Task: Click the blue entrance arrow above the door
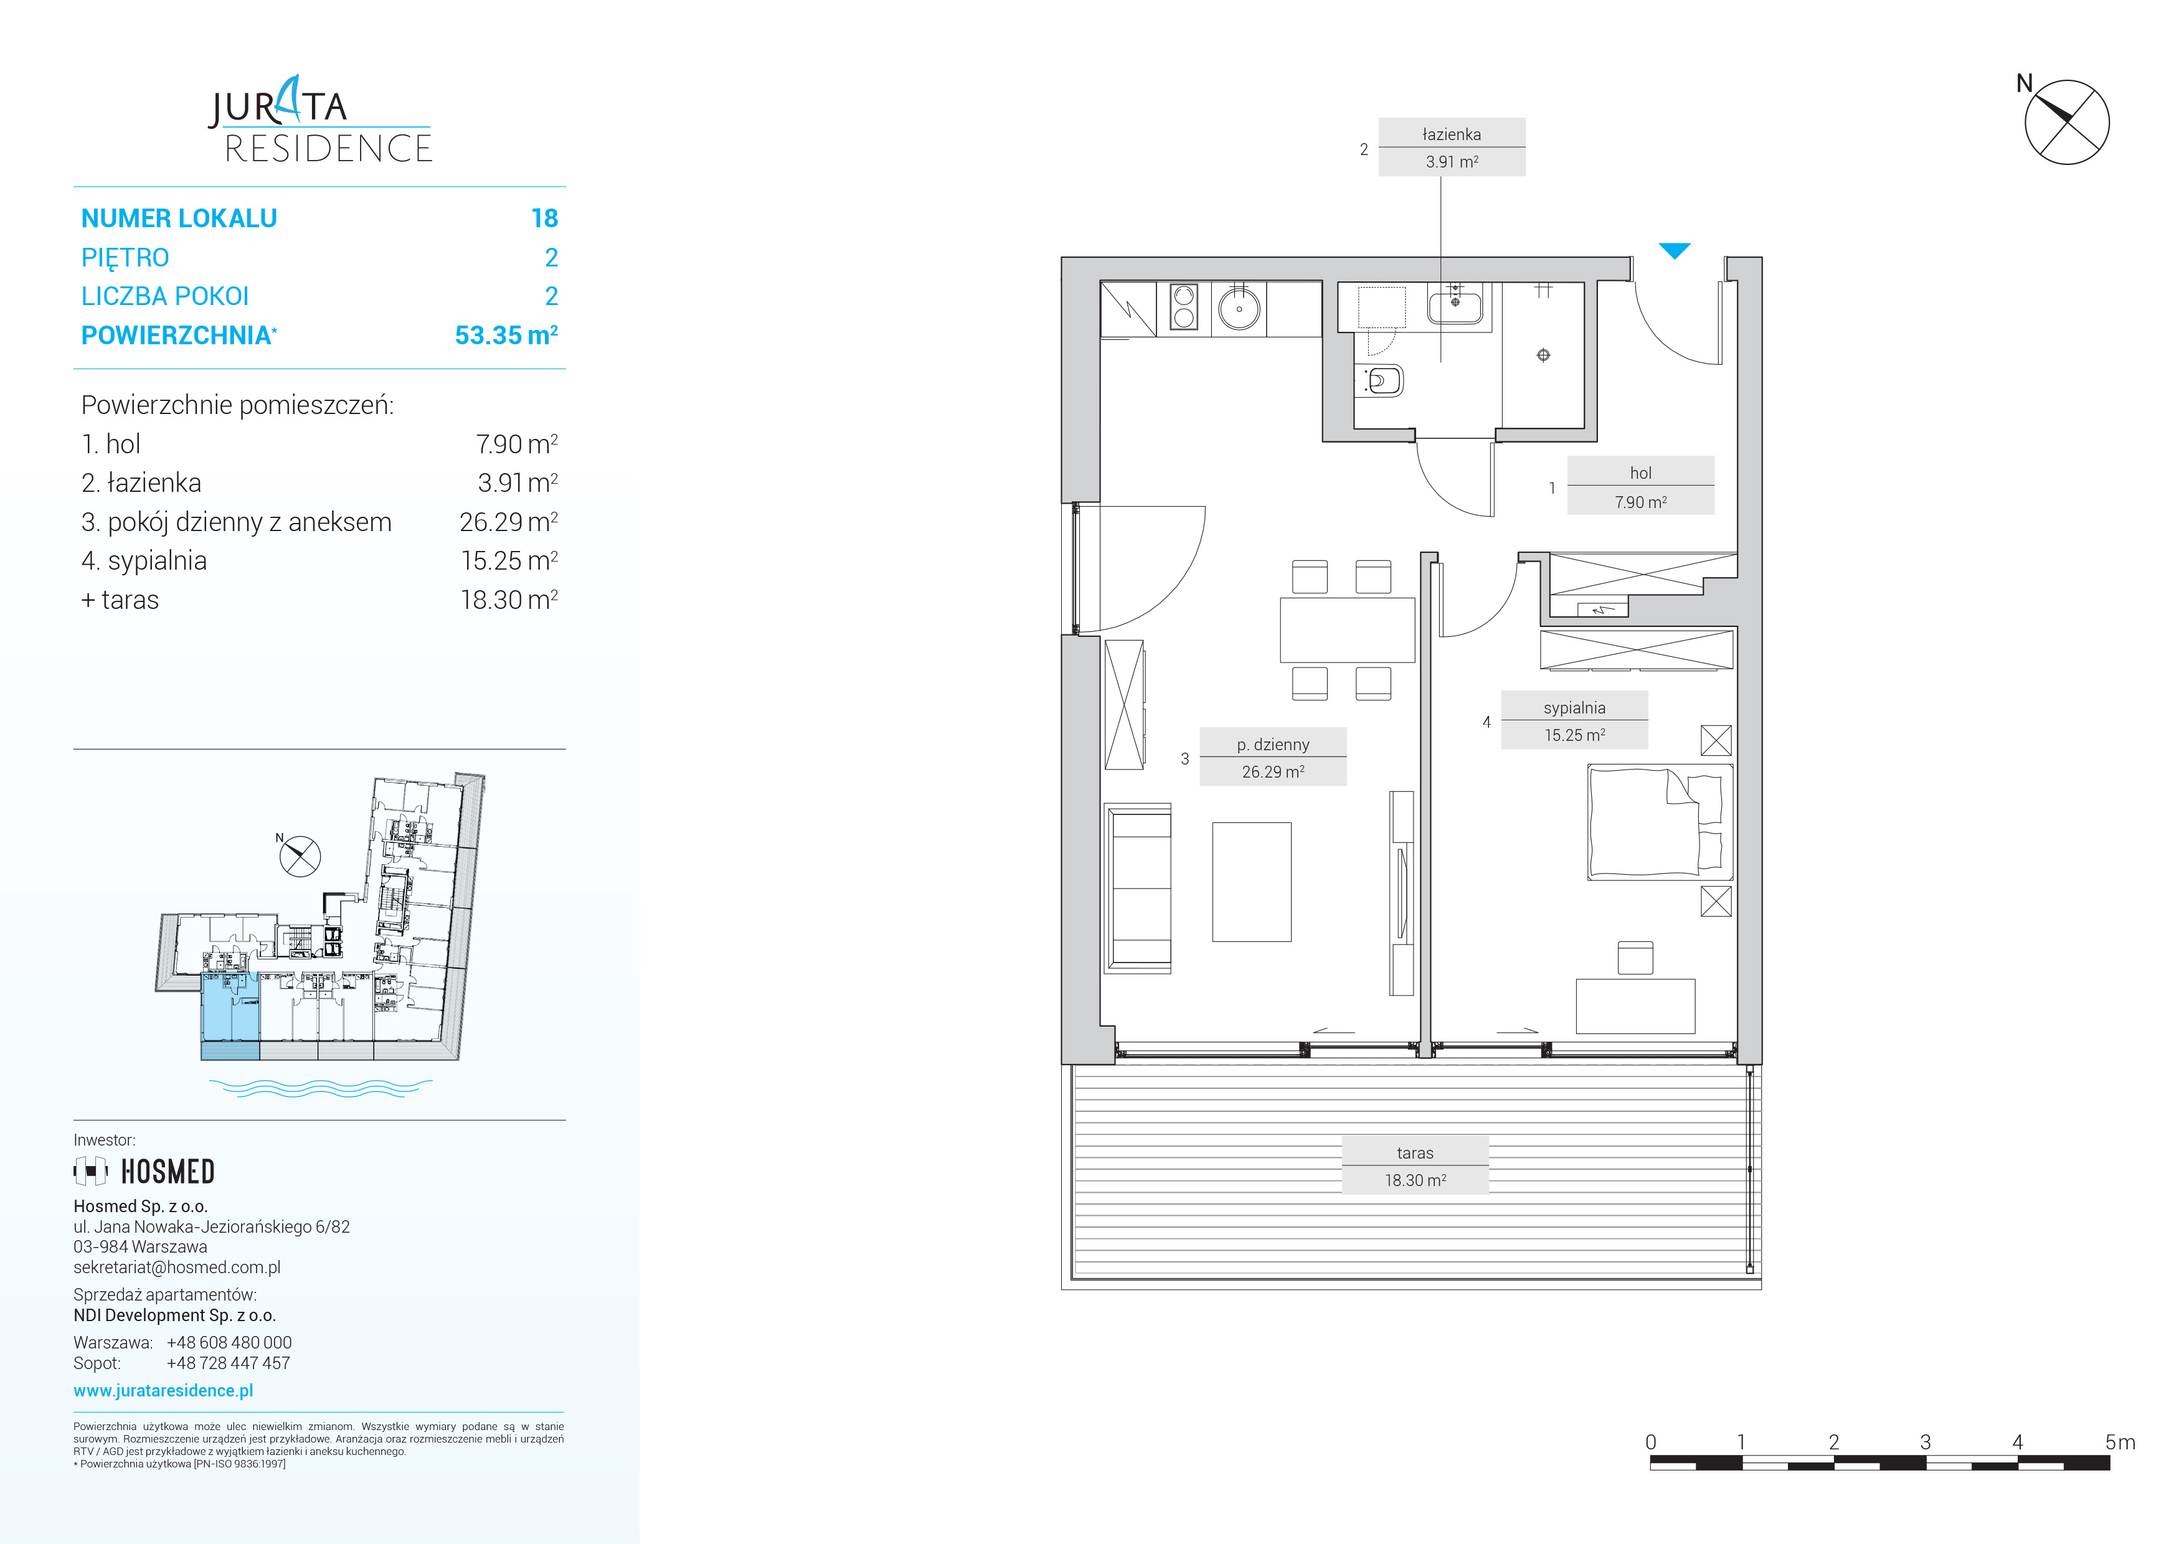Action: pos(1674,251)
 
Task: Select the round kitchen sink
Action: pos(1239,309)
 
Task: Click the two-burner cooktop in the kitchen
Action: pos(1184,307)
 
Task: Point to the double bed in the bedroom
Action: pos(1660,822)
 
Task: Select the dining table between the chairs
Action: pos(1348,629)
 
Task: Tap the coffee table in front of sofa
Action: pos(1252,882)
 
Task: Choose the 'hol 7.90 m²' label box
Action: pos(1641,486)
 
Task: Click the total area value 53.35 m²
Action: pos(506,335)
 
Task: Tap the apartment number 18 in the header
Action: pos(544,219)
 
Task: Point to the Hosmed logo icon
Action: pos(90,1171)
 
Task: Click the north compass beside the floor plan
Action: pos(2066,121)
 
